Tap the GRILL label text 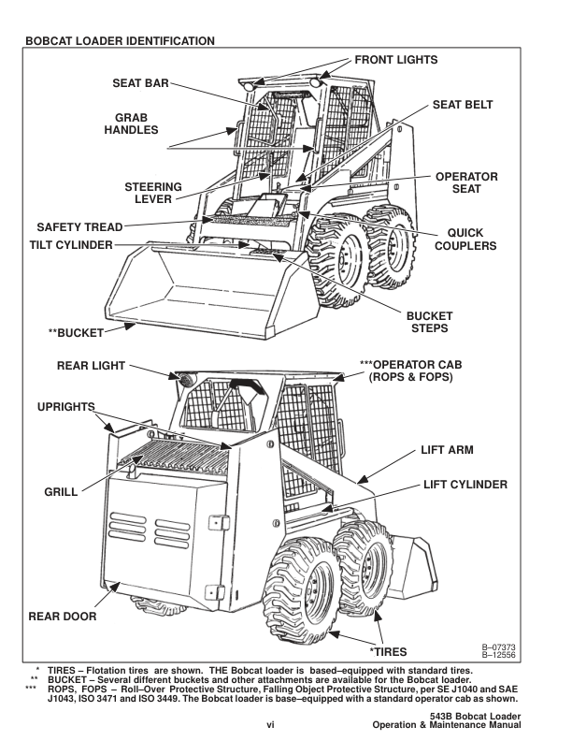(x=57, y=487)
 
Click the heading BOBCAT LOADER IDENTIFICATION (x=134, y=42)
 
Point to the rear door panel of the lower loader (x=164, y=543)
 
